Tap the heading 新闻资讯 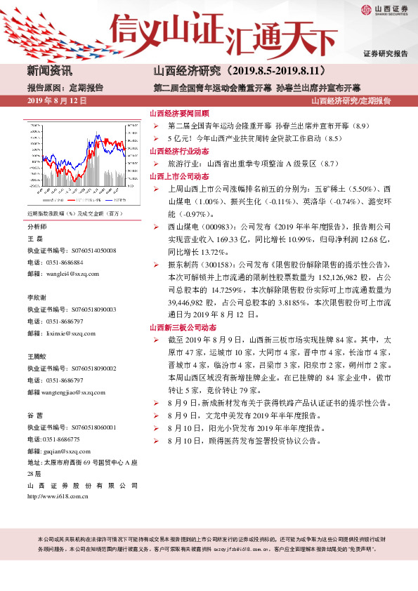[x=49, y=71]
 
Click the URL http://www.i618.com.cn [x=58, y=496]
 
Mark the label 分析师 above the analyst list [x=37, y=227]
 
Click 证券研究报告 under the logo [x=385, y=54]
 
